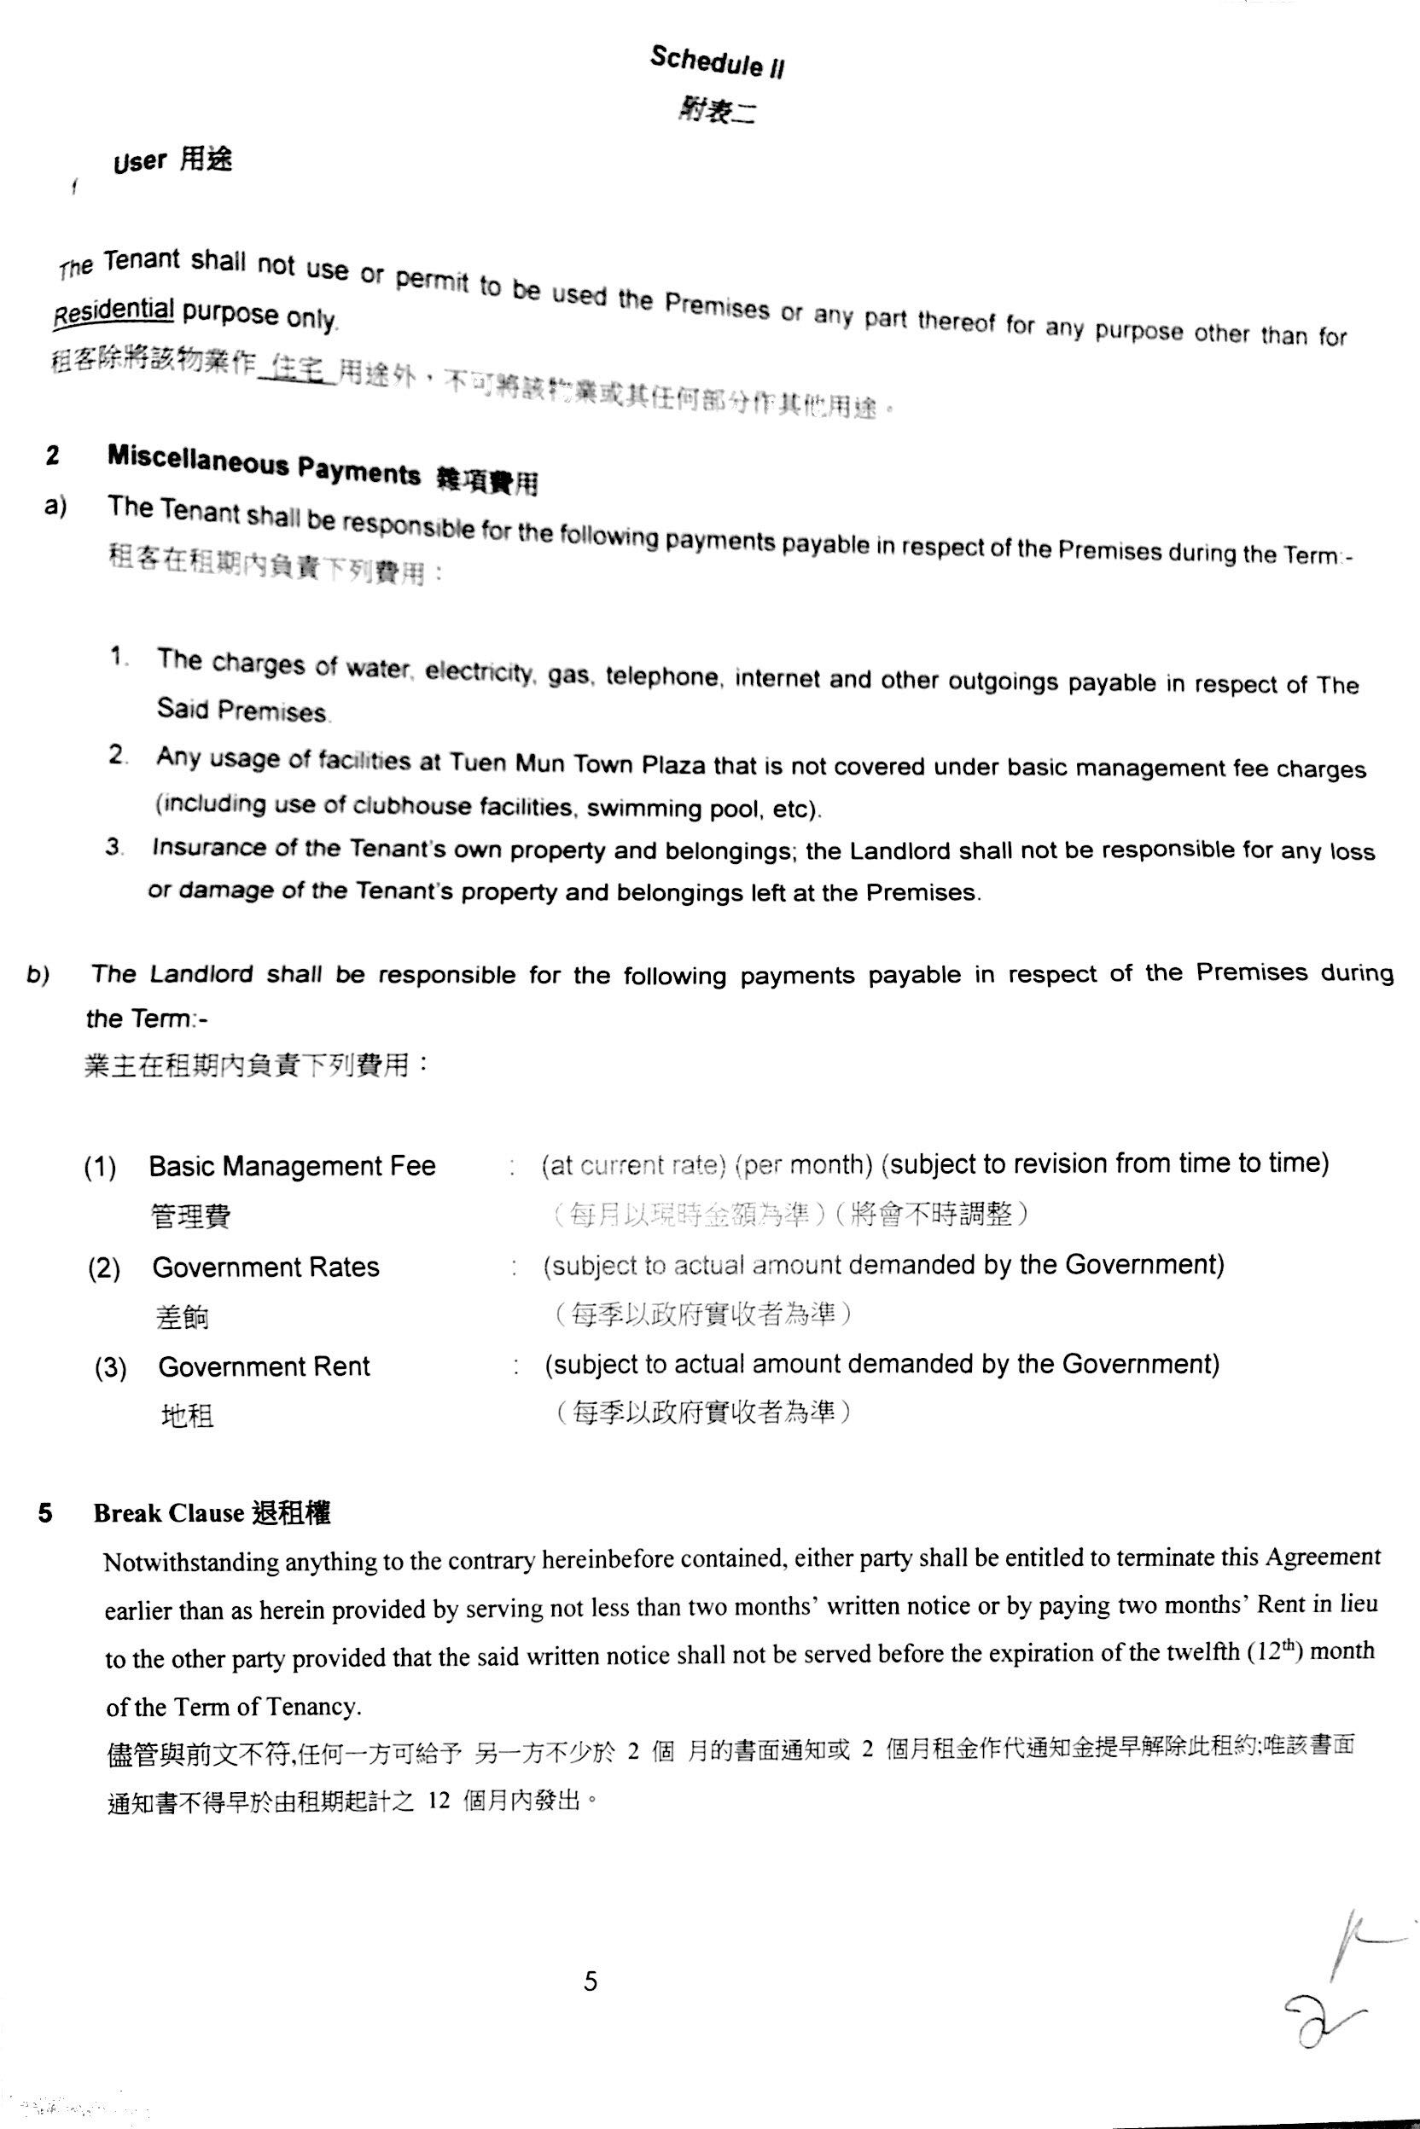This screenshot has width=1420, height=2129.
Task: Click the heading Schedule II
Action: [716, 62]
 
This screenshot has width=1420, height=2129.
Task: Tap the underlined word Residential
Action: [113, 310]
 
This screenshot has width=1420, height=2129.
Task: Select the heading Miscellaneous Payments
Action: [264, 464]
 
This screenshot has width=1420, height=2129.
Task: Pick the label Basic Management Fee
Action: [292, 1166]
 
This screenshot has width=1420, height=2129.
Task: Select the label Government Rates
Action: [265, 1267]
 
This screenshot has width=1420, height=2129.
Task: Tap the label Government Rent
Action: [264, 1366]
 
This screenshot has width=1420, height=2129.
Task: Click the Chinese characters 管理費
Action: [190, 1215]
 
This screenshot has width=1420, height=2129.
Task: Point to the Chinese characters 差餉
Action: [182, 1316]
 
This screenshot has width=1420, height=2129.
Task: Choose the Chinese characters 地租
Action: [188, 1416]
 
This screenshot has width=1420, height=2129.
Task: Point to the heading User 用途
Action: [172, 161]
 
